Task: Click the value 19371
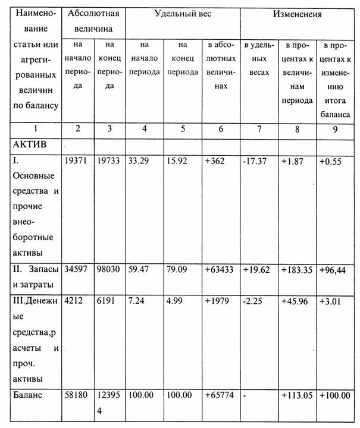point(76,160)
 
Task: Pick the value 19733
point(107,160)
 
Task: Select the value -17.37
point(257,160)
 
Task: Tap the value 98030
point(107,269)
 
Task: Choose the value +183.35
point(298,269)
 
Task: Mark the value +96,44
point(335,269)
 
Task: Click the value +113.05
point(298,395)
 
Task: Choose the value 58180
point(76,395)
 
